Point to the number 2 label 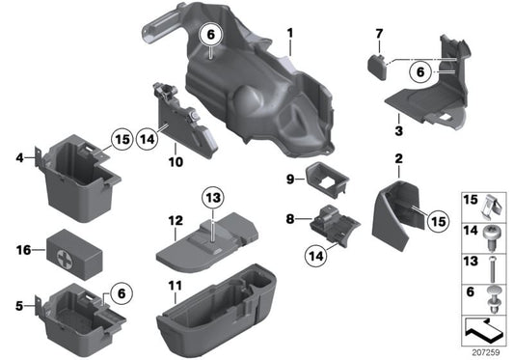pyautogui.click(x=397, y=157)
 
